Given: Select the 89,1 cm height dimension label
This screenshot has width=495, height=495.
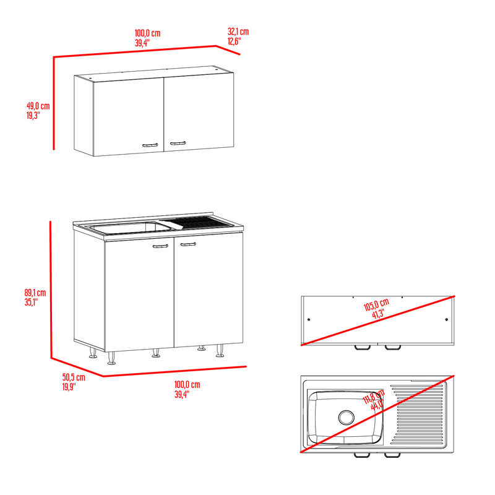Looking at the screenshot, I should coord(35,297).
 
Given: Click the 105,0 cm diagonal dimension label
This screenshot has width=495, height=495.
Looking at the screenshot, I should coord(376,307).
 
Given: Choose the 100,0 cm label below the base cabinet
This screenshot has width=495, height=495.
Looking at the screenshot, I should coord(187,389).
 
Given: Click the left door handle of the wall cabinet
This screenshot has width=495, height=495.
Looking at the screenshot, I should coord(150,145).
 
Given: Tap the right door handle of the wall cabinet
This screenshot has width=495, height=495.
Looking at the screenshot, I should coord(178,144).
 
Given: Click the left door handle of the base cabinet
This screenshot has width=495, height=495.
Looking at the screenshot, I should coord(160,246).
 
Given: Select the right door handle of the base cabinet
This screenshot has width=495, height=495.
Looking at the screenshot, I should coord(188,245).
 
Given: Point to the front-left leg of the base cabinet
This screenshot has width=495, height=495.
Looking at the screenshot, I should coord(112,358).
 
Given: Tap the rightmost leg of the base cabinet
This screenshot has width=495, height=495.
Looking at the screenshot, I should coord(220,353).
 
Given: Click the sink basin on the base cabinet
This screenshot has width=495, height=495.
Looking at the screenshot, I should coord(130,228).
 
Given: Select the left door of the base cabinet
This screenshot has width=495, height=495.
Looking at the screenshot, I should coord(139,294).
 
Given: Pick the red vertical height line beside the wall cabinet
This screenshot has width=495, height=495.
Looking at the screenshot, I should coord(54,103).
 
